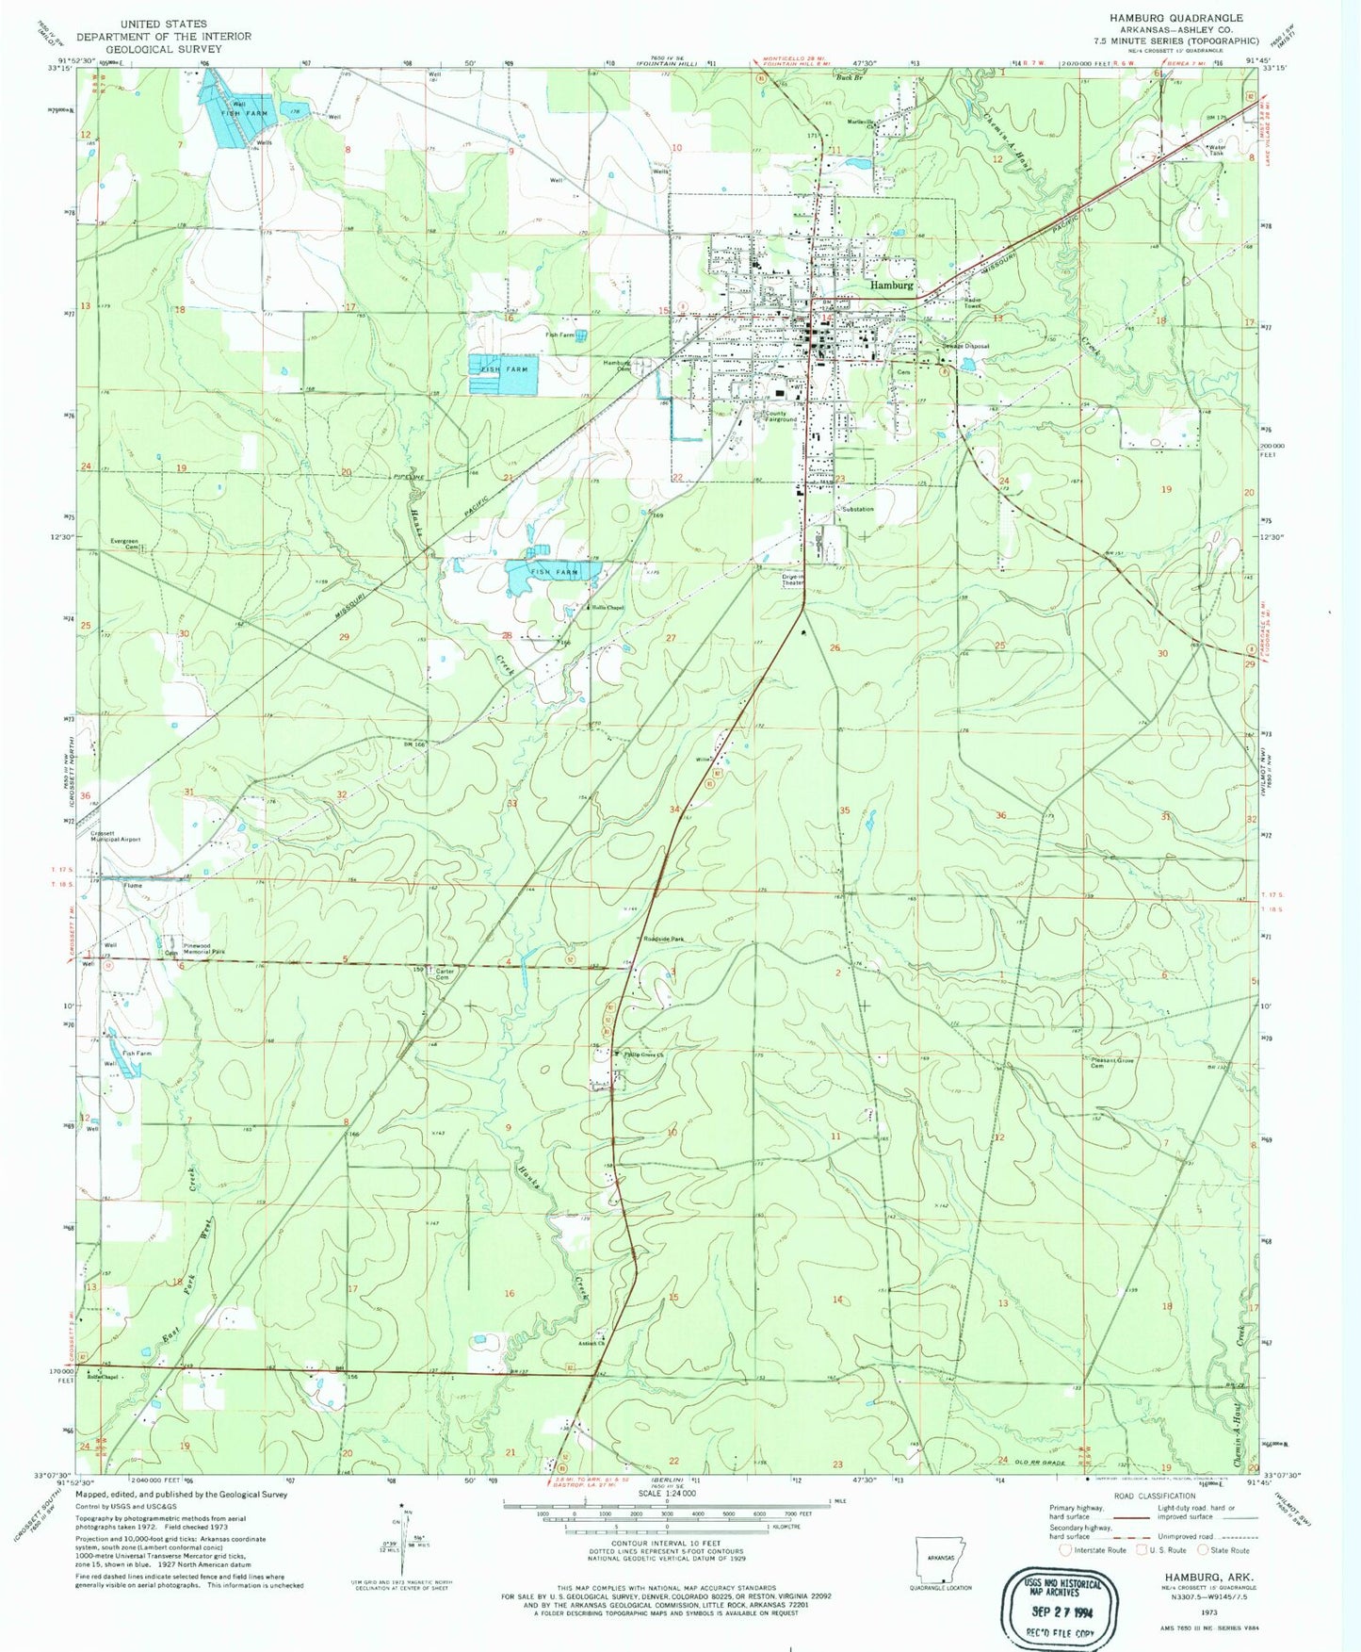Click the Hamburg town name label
tap(891, 285)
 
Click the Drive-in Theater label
tap(793, 579)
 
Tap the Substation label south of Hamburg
tap(858, 509)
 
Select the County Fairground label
tap(781, 416)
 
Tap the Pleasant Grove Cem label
tap(1112, 1063)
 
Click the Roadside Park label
tap(664, 939)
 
